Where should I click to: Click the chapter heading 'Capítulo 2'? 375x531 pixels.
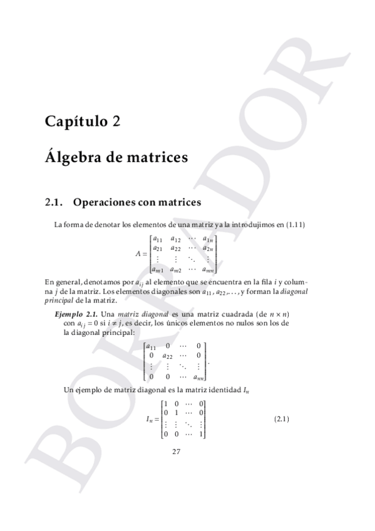[83, 121]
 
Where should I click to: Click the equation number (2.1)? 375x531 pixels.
[282, 419]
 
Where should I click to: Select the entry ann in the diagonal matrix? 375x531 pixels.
[198, 377]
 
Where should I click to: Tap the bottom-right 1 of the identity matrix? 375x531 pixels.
[201, 434]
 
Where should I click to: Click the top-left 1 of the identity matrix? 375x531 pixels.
[165, 404]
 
